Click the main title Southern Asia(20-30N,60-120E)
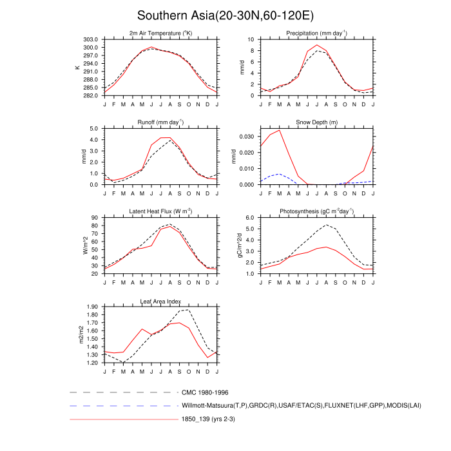[225, 15]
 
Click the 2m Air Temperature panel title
[160, 33]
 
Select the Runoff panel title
[160, 122]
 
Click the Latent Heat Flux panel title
[160, 211]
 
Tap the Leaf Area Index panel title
[160, 301]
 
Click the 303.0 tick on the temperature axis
[90, 39]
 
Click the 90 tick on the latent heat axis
[94, 218]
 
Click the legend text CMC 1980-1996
[206, 392]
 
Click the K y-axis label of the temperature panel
[77, 67]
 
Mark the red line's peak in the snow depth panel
[279, 131]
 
